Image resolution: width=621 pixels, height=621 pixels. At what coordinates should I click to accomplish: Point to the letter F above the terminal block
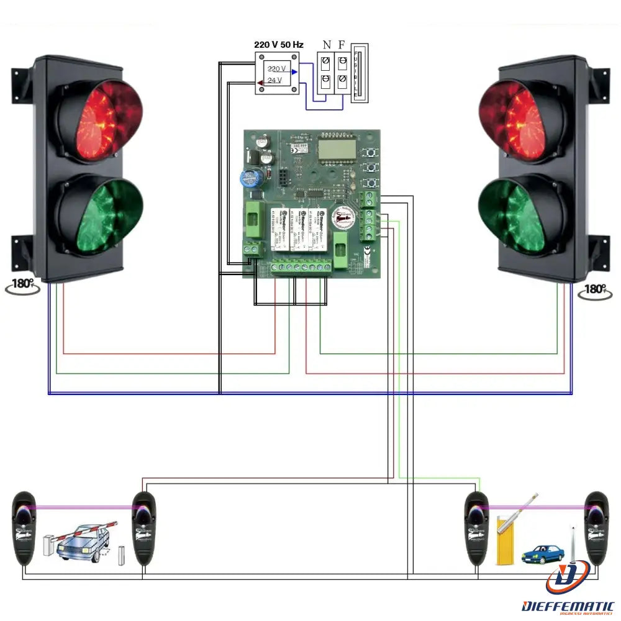(x=342, y=45)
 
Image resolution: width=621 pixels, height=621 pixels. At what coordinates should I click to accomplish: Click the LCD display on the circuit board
(x=336, y=148)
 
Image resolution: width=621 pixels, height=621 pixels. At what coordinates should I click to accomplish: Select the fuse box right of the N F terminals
(x=360, y=73)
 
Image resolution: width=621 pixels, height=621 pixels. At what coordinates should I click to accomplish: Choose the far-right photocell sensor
(x=597, y=528)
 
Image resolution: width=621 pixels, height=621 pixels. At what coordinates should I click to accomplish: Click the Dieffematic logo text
(x=568, y=605)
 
